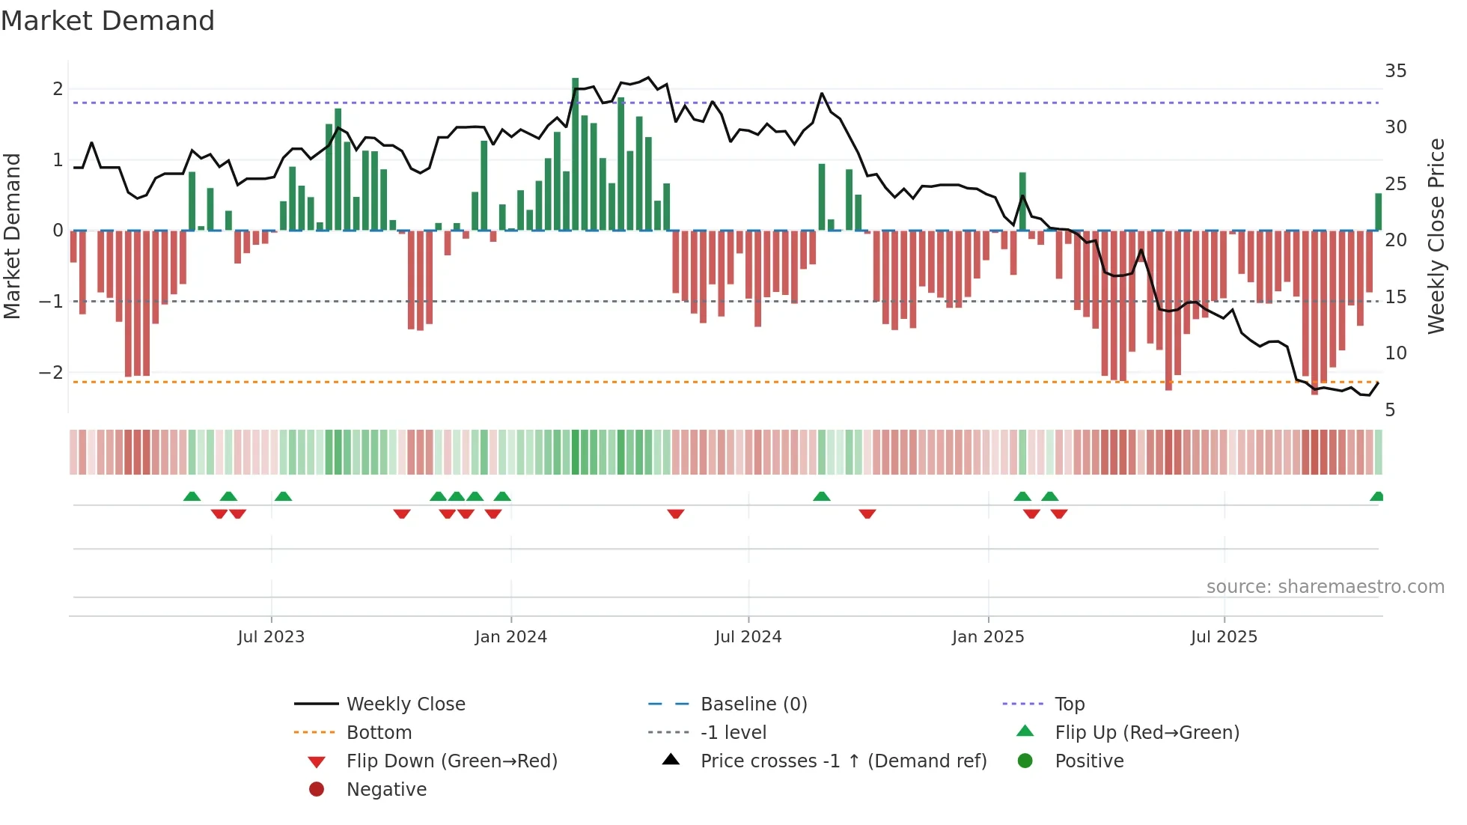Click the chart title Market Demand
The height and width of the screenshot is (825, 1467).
[108, 21]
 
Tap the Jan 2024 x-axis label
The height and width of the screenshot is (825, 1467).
[510, 637]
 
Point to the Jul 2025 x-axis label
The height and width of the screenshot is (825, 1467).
[1224, 637]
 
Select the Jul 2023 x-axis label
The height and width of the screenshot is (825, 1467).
[271, 637]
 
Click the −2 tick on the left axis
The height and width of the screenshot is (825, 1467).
[51, 373]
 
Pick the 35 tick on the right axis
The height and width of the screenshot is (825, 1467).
[1395, 71]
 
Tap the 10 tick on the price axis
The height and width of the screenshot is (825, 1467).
[1395, 353]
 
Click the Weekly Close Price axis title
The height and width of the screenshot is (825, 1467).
[1436, 236]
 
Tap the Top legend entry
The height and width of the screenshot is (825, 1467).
[1069, 704]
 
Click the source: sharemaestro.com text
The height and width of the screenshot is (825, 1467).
[1325, 587]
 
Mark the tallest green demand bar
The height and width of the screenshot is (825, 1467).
[575, 153]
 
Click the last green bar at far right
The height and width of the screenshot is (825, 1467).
[1378, 212]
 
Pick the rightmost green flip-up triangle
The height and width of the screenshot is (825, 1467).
[1376, 496]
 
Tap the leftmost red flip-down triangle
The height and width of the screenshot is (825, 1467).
[219, 514]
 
